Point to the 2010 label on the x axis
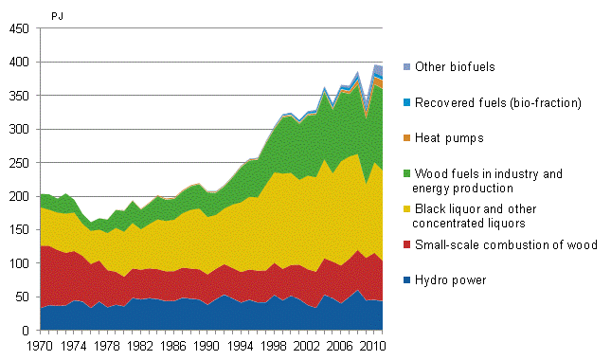click(375, 347)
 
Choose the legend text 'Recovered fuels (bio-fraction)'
click(493, 102)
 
